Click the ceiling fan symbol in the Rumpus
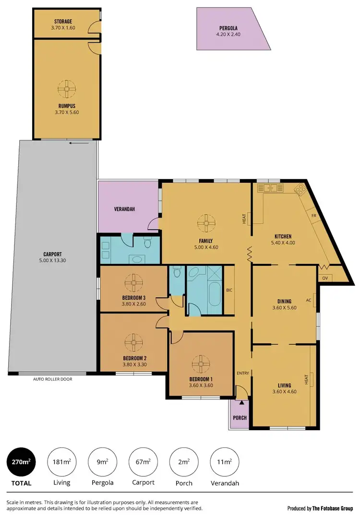point(67,88)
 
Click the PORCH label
point(240,418)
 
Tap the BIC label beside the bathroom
point(229,290)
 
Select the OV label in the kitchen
point(325,278)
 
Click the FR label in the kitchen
point(312,216)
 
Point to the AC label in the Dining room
point(309,301)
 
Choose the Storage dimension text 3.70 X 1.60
point(63,27)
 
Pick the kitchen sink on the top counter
point(270,188)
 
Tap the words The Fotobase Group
point(333,508)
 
